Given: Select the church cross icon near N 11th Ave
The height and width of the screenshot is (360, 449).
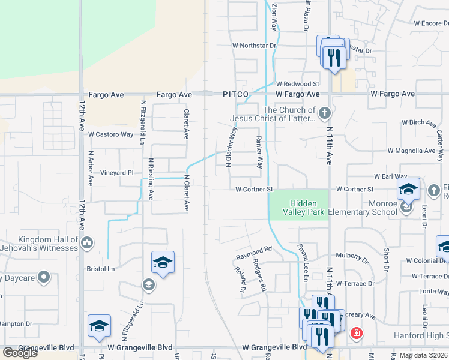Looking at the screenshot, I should (324, 113).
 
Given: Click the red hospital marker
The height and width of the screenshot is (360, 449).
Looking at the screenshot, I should (356, 332).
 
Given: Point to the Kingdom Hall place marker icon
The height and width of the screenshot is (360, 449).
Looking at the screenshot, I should (87, 243).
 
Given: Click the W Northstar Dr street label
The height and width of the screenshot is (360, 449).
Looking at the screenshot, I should (254, 45).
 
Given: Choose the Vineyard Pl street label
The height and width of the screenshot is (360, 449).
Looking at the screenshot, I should (117, 172).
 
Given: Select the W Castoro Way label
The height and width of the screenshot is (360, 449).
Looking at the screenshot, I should (111, 134).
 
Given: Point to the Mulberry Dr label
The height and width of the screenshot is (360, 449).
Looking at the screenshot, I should (352, 257).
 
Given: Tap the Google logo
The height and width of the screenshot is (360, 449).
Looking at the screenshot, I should (20, 353).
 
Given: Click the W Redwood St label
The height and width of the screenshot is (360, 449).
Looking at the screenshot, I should (297, 84).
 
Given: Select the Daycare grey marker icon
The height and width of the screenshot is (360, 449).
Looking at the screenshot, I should (43, 278).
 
